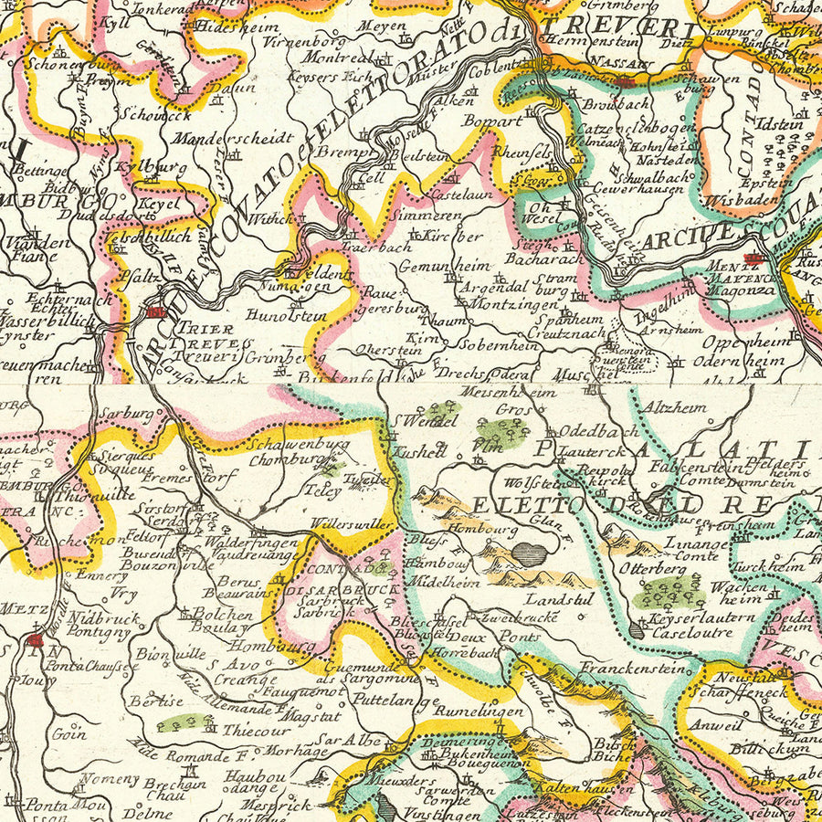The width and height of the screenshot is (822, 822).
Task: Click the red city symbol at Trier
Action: (x=156, y=312)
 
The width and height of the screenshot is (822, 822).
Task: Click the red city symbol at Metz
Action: (x=35, y=640)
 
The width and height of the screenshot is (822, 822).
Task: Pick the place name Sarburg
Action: (x=128, y=413)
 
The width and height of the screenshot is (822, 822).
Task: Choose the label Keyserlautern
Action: (x=691, y=618)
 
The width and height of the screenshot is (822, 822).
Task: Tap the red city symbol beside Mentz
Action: (x=753, y=259)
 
